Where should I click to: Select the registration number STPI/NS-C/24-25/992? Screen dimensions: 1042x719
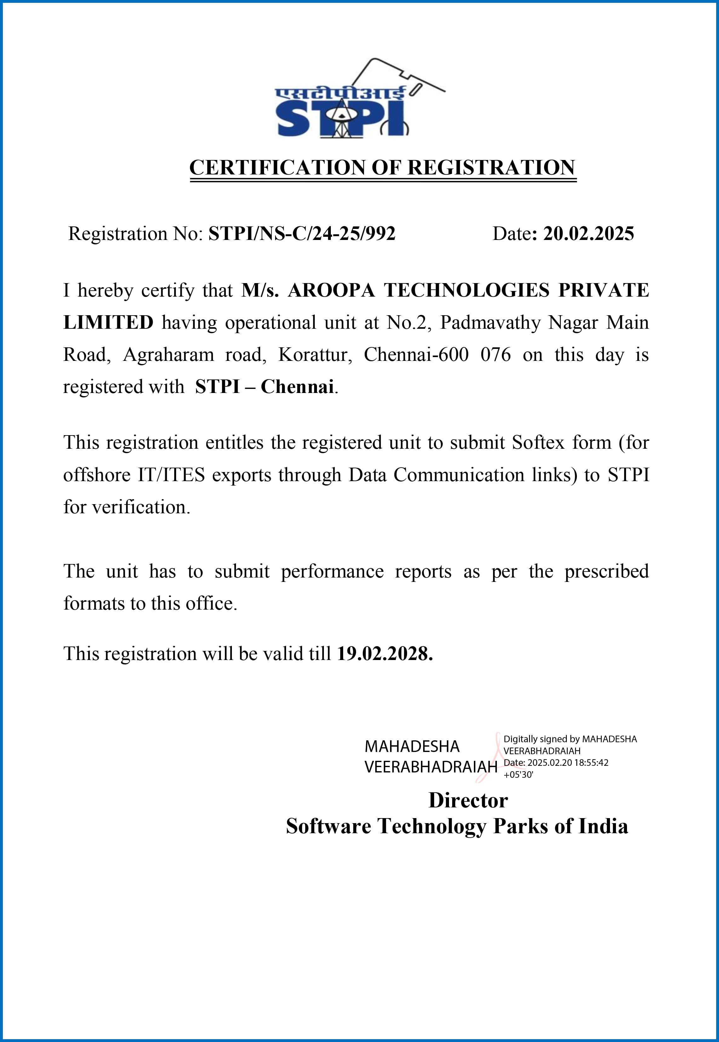[x=302, y=234]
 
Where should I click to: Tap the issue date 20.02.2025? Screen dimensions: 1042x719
[x=588, y=234]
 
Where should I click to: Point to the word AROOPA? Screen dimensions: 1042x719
[x=331, y=290]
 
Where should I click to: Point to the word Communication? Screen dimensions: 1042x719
[x=459, y=475]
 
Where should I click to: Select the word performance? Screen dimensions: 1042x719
[x=332, y=572]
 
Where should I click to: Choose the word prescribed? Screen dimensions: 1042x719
[x=607, y=572]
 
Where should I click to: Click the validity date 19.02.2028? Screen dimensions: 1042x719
[x=385, y=654]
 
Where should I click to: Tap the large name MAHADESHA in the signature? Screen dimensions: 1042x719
[x=412, y=747]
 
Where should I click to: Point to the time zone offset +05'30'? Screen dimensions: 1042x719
[x=518, y=775]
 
